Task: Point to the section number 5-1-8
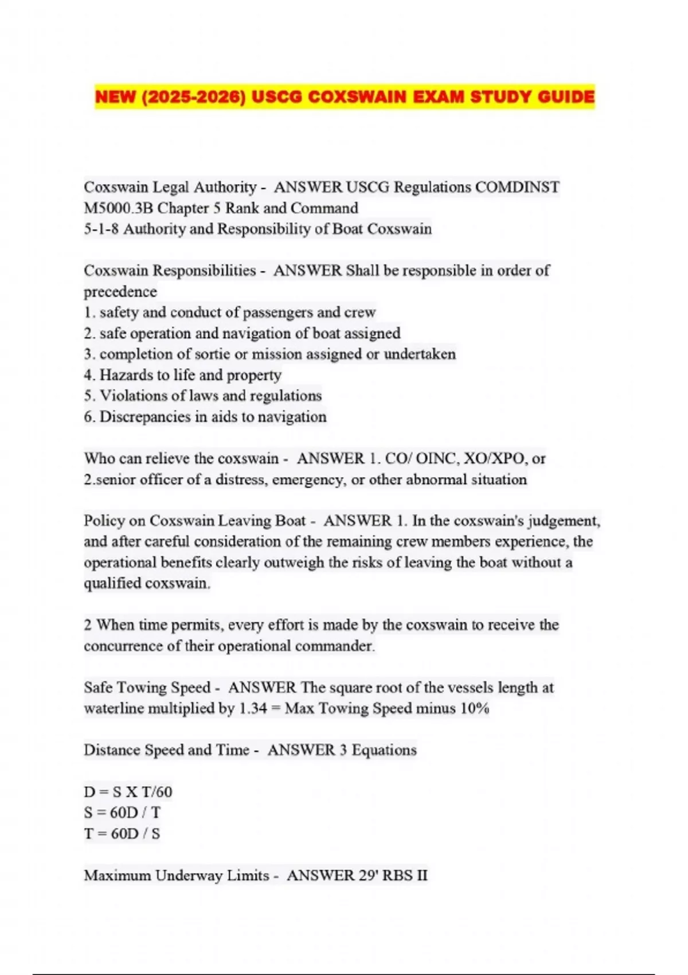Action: click(x=101, y=229)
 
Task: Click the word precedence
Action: click(x=120, y=292)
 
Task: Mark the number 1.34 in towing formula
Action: click(x=253, y=709)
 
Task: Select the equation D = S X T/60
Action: click(x=128, y=792)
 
